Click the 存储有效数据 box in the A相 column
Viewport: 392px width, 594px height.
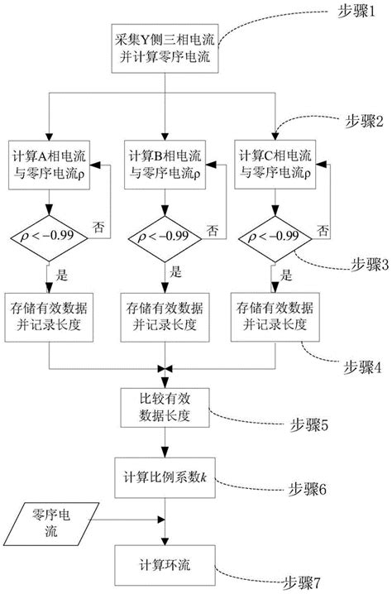pyautogui.click(x=50, y=316)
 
